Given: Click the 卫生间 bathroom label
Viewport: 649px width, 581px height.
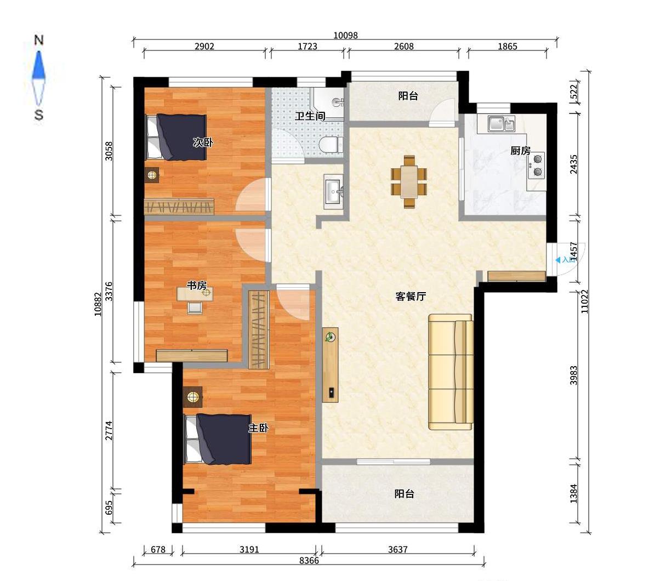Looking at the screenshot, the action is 310,116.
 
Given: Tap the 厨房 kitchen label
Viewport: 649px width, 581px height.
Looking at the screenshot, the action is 520,151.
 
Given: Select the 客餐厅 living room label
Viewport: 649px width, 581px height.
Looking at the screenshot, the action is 410,296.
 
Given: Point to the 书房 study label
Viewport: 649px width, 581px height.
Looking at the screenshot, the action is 197,285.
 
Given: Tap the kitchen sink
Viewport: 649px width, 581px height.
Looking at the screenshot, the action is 501,123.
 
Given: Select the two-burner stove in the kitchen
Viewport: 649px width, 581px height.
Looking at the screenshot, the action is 537,165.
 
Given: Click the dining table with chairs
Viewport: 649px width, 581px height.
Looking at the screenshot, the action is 409,181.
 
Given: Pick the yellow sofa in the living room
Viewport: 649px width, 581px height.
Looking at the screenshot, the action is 451,372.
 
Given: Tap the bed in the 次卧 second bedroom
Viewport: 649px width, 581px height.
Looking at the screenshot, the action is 177,137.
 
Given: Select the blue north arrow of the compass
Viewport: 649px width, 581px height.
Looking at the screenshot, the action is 38,65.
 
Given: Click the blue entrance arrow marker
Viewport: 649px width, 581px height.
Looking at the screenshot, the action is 558,260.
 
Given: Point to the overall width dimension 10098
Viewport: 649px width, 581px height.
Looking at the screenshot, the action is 345,36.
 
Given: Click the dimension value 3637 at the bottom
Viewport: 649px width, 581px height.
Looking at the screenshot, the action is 397,549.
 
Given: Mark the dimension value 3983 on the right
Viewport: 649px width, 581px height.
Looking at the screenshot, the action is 574,375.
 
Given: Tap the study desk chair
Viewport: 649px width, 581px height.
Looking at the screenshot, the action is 195,307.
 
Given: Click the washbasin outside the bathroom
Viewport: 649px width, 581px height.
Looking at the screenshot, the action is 334,192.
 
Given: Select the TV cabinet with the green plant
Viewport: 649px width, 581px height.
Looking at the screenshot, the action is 331,364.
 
